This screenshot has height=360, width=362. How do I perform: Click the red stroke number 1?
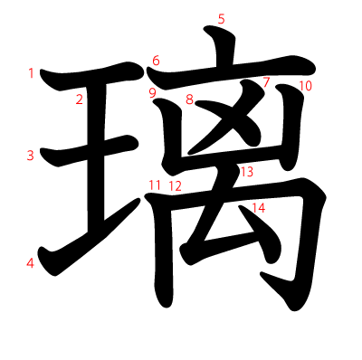tap(32, 73)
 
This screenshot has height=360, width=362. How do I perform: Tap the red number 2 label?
tap(80, 99)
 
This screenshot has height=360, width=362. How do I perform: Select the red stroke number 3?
tap(31, 156)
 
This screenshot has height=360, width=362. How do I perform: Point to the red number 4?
tap(31, 264)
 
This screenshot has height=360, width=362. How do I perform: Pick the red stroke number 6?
tap(156, 61)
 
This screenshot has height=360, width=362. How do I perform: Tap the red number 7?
tap(266, 83)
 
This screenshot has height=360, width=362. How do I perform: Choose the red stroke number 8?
tap(190, 99)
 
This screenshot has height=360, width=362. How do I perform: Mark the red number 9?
tap(152, 92)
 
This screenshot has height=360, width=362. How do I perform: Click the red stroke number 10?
tap(305, 86)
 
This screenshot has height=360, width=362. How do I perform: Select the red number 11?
tap(156, 185)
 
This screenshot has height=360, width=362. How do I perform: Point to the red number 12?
tap(175, 186)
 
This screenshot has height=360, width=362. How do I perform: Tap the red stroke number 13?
tap(247, 171)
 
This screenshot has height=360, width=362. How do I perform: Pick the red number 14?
tap(259, 208)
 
